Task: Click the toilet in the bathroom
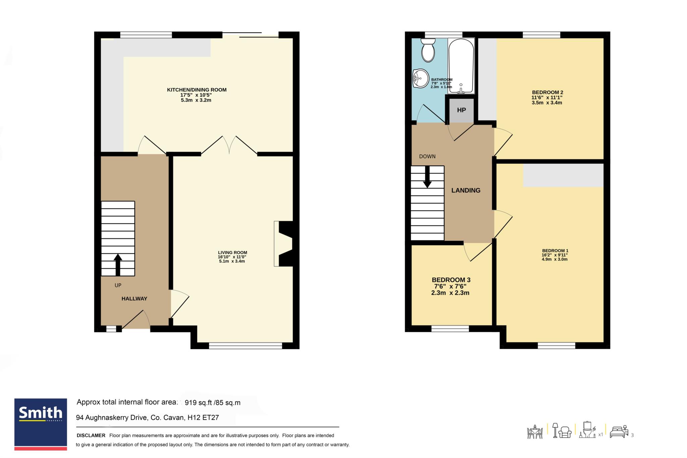[x=428, y=50]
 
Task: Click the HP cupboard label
[x=461, y=110]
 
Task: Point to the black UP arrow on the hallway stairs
[x=118, y=264]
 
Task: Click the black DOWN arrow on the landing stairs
[x=427, y=177]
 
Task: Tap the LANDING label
[x=466, y=190]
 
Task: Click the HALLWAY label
[x=134, y=299]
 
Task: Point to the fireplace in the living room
[x=284, y=244]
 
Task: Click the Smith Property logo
[x=41, y=424]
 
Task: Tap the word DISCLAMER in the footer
[x=91, y=436]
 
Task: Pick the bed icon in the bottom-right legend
[x=619, y=433]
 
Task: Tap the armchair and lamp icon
[x=562, y=430]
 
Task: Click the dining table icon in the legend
[x=535, y=432]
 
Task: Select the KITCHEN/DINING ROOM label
[x=197, y=90]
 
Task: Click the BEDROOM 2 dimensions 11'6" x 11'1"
[x=547, y=98]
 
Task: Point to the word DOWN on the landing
[x=427, y=156]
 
